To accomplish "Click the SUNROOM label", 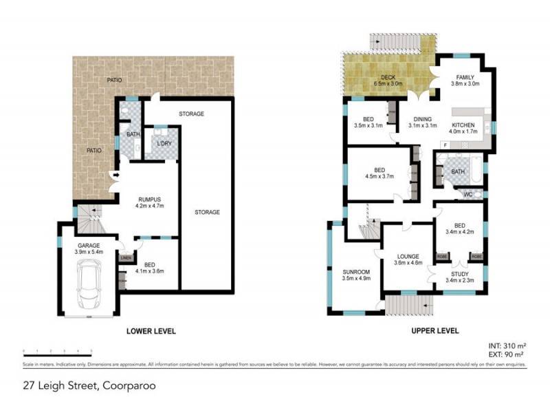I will point(356,271).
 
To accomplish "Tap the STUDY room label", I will point(456,274).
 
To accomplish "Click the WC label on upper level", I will point(467,195).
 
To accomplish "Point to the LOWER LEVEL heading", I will point(151,331).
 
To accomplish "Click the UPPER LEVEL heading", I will point(434,331).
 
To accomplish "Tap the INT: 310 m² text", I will point(507,344).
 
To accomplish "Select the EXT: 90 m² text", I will point(507,353).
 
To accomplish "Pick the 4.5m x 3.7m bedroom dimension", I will point(379,176).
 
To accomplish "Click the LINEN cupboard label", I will point(125,258).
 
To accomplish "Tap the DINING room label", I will point(422,118).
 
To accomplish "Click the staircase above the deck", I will point(394,41).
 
